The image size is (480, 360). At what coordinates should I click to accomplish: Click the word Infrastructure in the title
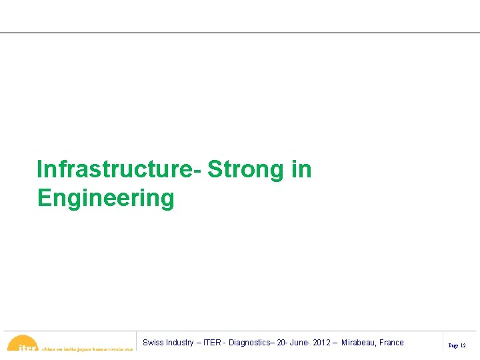tap(113, 169)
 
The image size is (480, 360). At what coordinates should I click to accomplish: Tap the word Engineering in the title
tap(105, 198)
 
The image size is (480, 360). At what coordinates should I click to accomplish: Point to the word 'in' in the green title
tap(301, 169)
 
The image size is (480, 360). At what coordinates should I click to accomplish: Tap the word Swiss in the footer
tap(153, 343)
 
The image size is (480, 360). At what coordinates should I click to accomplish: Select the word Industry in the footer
tap(179, 343)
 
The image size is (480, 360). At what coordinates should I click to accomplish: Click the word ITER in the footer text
tap(211, 343)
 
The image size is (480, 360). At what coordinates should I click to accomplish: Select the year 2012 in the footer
tap(323, 343)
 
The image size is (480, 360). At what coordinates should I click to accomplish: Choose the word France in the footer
tap(391, 343)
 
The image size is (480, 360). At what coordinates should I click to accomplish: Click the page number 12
tap(463, 346)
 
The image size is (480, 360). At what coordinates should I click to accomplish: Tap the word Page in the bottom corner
tap(453, 346)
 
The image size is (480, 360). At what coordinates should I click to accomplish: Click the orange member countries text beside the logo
tap(87, 348)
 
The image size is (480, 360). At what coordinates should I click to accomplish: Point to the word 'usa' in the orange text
tap(128, 348)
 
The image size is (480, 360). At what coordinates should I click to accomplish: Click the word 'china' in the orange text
tap(49, 348)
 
